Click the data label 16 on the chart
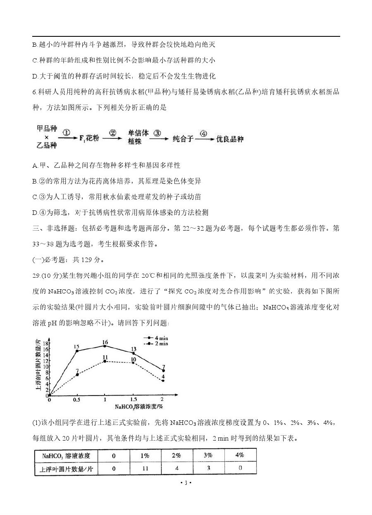105,342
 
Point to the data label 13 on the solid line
134,350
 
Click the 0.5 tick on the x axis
76,400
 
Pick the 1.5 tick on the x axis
134,400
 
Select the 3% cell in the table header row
208,455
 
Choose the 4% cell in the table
239,455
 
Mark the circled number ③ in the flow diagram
157,134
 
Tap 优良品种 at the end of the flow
230,139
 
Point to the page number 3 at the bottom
186,482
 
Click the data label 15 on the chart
76,346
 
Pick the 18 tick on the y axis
46,343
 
